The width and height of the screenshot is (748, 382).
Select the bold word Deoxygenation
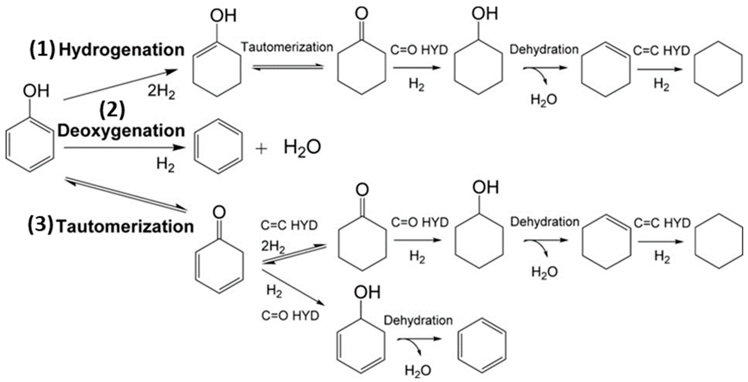tap(121, 131)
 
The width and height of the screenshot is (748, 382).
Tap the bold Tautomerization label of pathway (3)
tap(125, 226)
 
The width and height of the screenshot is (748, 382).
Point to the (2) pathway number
tap(112, 111)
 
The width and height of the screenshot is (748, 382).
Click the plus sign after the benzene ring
tap(261, 149)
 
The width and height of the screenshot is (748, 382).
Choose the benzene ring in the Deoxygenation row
tap(218, 146)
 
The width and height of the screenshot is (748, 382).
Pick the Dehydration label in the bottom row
tap(418, 320)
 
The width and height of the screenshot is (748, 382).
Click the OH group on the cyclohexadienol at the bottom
tap(367, 292)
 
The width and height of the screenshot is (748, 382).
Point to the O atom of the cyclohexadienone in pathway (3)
tap(219, 212)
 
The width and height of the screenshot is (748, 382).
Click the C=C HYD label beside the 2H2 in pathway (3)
tap(289, 225)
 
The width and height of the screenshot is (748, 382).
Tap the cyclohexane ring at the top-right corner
tap(718, 69)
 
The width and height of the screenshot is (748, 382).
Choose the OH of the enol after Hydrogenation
tap(223, 15)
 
